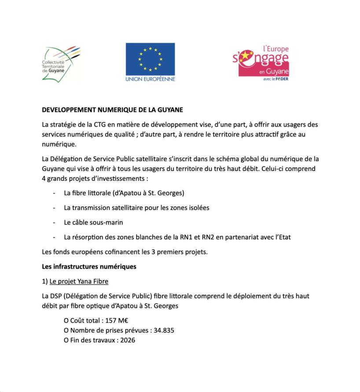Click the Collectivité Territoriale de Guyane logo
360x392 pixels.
click(x=61, y=63)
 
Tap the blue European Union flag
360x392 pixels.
click(x=150, y=59)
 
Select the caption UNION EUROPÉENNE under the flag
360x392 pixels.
click(x=150, y=79)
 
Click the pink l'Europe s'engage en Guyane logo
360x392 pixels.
click(x=261, y=62)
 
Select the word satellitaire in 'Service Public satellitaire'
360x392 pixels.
click(x=151, y=159)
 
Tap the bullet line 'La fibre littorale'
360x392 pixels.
click(x=124, y=193)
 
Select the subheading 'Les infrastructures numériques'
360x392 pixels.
click(x=89, y=266)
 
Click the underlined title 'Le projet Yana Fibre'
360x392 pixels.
click(x=79, y=281)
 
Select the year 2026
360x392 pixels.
click(x=127, y=340)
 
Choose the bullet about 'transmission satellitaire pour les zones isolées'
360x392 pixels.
click(x=136, y=207)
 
